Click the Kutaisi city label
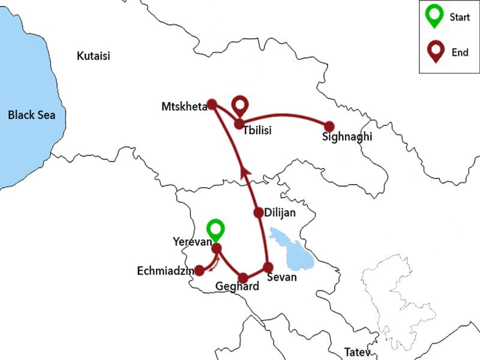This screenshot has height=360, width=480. pos(94,56)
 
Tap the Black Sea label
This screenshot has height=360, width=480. pos(31,115)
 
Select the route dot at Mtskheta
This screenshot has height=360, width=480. pos(211,104)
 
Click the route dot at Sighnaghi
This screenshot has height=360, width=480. pos(329,126)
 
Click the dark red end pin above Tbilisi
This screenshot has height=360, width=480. pos(241,106)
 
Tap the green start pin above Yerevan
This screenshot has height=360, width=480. pos(215,230)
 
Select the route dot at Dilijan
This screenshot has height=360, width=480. pos(258,212)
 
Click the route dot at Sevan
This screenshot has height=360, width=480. pos(268,267)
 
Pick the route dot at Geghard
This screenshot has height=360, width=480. pos(243,278)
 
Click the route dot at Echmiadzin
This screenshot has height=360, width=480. pos(199,271)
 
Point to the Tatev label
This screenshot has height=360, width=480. pos(358,352)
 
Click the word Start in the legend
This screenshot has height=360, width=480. pos(460,17)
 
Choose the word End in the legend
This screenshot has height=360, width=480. pos(460,53)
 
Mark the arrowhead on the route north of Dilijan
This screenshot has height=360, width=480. pos(244,173)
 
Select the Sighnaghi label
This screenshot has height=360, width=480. pos(347,137)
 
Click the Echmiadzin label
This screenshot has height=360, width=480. pos(166,271)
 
